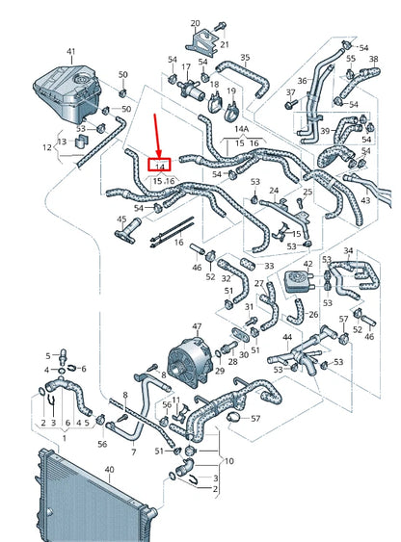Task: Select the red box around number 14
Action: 159,166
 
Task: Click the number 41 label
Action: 70,50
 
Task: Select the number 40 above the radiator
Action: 108,470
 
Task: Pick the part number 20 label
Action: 196,22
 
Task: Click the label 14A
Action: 241,127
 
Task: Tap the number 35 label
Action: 245,58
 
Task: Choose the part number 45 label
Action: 121,219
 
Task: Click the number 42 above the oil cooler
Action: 307,263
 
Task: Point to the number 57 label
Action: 255,419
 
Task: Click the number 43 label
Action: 364,200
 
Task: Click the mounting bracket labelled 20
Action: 202,42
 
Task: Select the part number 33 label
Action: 268,265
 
